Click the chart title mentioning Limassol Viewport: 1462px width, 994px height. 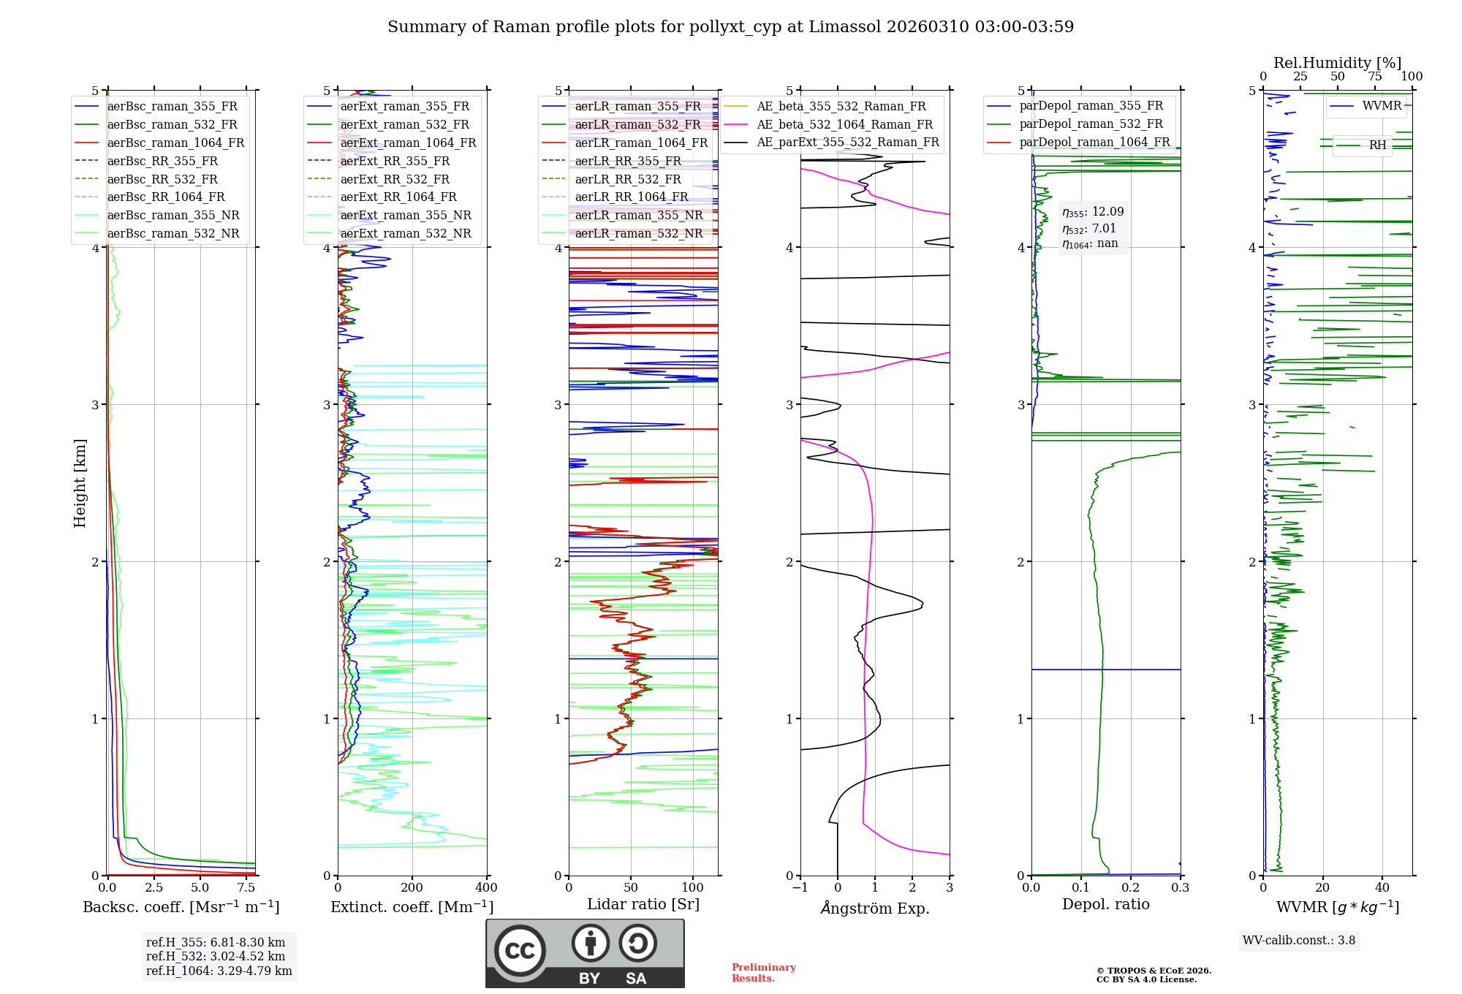(730, 27)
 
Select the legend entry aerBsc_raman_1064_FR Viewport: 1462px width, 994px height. (175, 143)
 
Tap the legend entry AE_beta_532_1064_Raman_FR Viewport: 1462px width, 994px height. (844, 124)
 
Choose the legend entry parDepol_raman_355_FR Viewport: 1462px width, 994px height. (1091, 106)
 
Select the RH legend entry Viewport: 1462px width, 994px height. (1377, 145)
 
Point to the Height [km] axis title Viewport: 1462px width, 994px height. (80, 483)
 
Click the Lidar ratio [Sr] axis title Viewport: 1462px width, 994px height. (643, 904)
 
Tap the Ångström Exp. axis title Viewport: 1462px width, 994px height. (875, 908)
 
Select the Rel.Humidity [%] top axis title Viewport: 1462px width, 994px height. (1337, 63)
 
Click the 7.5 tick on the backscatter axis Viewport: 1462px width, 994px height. (246, 888)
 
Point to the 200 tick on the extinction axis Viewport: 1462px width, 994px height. (412, 888)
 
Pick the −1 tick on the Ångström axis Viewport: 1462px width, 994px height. (800, 888)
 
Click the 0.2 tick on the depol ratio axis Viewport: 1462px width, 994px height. (1130, 888)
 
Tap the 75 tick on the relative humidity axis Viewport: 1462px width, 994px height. (1374, 77)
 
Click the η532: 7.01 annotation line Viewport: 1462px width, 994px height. (1089, 229)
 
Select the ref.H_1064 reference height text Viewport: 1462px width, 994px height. (219, 971)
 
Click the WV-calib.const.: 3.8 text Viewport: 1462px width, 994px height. (1299, 941)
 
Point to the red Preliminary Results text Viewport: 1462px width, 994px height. (763, 973)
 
